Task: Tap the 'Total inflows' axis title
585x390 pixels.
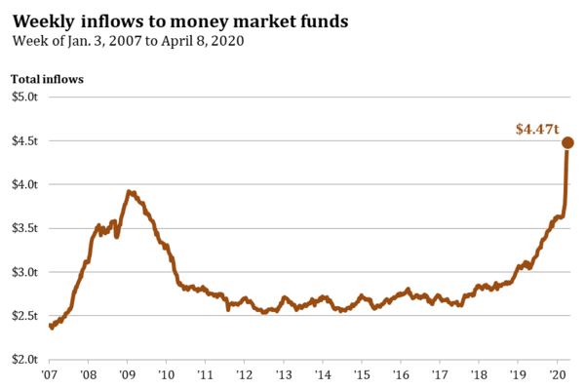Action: [47, 78]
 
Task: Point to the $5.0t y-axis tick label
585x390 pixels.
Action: [25, 97]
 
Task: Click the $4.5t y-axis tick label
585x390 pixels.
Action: [25, 140]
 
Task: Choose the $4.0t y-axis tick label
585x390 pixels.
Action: [25, 184]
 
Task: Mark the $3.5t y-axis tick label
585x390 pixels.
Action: [25, 228]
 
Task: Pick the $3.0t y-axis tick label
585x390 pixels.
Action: [25, 272]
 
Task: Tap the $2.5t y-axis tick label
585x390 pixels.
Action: [25, 316]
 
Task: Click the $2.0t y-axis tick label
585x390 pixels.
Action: [25, 360]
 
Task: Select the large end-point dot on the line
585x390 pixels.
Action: [567, 143]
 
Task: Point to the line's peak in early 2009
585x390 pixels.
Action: [129, 192]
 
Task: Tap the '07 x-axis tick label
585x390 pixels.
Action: [50, 373]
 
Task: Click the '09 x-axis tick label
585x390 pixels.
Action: [128, 373]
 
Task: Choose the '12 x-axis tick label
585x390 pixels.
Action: [245, 373]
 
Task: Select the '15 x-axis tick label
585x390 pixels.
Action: [362, 373]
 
